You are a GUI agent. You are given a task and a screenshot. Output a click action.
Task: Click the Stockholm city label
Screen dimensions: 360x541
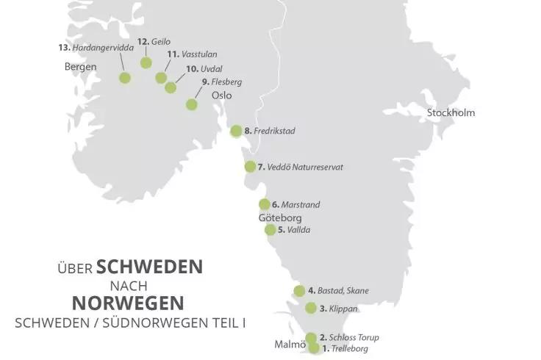click(x=451, y=112)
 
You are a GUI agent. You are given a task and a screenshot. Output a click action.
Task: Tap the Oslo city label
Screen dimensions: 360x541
click(x=221, y=96)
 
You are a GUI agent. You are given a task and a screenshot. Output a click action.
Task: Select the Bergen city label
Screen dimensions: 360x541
click(x=80, y=67)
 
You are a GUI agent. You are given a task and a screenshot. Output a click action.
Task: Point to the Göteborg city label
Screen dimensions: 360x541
click(x=280, y=218)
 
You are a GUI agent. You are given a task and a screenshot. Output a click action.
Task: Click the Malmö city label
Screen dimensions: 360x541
click(x=290, y=344)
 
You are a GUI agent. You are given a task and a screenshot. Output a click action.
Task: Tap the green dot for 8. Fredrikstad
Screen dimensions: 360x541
click(x=236, y=132)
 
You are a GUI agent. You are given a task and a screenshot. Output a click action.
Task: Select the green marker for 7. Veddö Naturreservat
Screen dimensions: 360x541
click(x=250, y=167)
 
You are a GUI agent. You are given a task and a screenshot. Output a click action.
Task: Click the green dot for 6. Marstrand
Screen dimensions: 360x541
click(x=264, y=204)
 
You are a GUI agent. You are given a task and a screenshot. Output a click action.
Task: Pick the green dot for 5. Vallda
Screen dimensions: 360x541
click(x=270, y=230)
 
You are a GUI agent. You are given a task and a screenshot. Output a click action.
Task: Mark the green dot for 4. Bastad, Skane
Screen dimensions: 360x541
click(x=299, y=291)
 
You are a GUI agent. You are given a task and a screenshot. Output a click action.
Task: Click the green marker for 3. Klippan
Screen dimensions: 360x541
click(x=311, y=309)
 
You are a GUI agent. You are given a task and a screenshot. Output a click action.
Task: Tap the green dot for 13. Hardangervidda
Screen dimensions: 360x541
click(x=125, y=78)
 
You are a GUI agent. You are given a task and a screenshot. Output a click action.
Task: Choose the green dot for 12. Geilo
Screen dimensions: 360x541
click(x=146, y=62)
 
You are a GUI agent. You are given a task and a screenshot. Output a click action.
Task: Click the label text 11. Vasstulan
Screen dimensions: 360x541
click(x=192, y=54)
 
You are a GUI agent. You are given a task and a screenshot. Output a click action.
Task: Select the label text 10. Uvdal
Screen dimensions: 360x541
click(x=202, y=68)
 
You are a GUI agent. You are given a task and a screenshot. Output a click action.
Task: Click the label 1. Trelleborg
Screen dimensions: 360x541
click(x=345, y=349)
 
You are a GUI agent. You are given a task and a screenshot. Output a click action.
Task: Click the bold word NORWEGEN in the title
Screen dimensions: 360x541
click(x=128, y=302)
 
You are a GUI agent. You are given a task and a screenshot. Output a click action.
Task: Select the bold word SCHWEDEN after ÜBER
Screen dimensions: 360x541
click(x=149, y=266)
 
